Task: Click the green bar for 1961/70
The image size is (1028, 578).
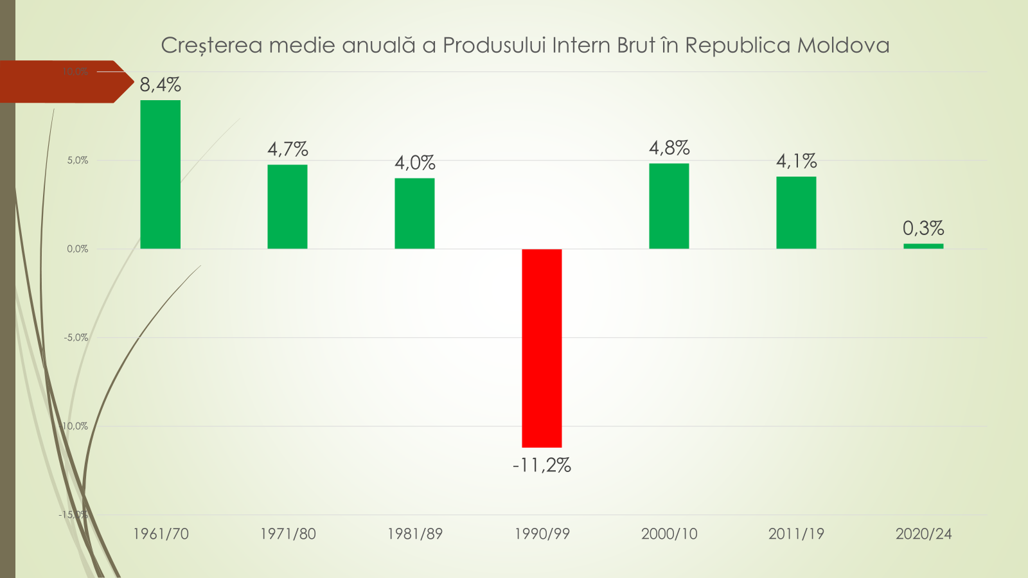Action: click(160, 174)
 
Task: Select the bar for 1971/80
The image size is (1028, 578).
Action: click(287, 206)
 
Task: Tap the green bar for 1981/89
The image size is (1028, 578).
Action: click(414, 213)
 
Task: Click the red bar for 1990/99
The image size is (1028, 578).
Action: click(542, 347)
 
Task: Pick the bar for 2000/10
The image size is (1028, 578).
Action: click(669, 206)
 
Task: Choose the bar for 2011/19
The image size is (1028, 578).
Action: click(796, 212)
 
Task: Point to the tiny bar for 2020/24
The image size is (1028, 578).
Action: click(923, 246)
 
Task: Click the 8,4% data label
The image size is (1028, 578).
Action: click(161, 85)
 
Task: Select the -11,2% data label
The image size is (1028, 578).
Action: click(542, 465)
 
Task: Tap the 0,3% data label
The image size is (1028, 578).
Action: click(923, 228)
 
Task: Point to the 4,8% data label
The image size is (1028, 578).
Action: click(669, 148)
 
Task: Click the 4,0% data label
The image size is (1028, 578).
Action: click(414, 162)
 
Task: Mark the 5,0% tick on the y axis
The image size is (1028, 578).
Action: click(78, 161)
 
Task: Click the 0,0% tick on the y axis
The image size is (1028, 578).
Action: click(78, 249)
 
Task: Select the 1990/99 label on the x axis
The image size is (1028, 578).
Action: click(542, 534)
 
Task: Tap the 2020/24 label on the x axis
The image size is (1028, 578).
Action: click(923, 534)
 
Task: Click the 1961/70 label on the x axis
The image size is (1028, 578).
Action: click(161, 534)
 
